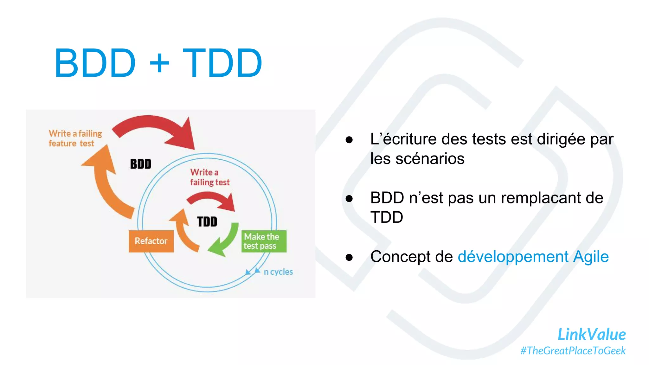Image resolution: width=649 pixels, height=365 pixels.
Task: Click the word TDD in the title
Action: click(222, 63)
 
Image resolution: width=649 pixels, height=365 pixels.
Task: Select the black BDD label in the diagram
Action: click(141, 164)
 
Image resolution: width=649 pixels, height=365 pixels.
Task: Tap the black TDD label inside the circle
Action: click(207, 221)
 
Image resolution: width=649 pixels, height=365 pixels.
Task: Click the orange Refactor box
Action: click(151, 241)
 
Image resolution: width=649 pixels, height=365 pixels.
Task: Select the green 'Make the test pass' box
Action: click(264, 241)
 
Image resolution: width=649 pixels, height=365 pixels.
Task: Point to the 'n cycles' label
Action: click(278, 272)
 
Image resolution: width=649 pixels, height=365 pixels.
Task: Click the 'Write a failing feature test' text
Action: click(75, 138)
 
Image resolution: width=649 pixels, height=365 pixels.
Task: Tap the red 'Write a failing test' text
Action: click(209, 177)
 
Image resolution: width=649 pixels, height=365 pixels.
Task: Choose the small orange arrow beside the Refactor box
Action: click(184, 231)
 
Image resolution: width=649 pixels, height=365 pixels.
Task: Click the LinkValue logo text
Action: click(591, 335)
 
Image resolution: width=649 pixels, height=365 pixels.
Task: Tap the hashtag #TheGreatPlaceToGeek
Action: click(573, 351)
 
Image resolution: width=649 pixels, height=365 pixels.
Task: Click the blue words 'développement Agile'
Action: click(533, 257)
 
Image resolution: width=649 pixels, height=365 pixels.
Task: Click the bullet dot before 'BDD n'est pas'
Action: click(349, 199)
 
